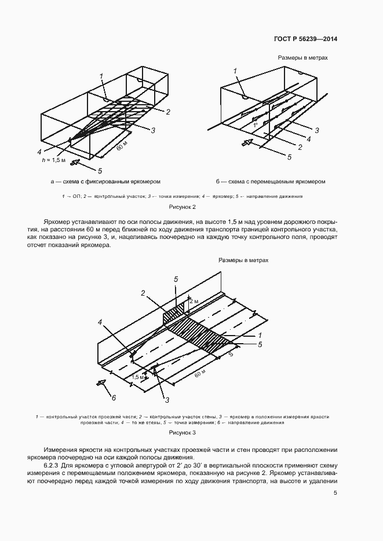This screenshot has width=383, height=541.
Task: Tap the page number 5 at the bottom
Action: point(335,493)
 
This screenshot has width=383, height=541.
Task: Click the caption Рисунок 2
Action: point(183,207)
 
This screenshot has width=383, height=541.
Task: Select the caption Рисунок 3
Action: point(183,432)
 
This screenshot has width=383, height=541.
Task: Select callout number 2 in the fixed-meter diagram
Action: point(167,111)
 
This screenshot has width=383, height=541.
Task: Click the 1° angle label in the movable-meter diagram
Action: point(254,124)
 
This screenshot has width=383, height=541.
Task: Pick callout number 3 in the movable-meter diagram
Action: point(317,130)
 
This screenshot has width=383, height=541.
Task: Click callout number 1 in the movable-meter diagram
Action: point(235,71)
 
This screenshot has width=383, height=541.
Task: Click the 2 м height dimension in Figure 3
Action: point(195,302)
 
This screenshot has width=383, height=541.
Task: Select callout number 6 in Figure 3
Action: point(114,397)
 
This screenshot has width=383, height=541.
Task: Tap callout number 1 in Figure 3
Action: point(260,335)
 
